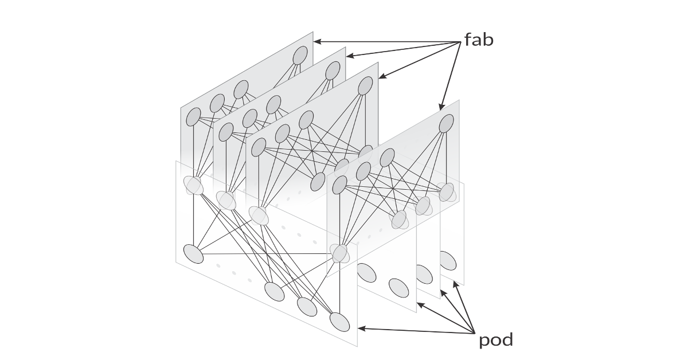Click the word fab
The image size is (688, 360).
pyautogui.click(x=479, y=40)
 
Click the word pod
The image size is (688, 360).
pyautogui.click(x=496, y=341)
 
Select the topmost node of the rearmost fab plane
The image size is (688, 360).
pyautogui.click(x=300, y=56)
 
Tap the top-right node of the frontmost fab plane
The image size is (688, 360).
pyautogui.click(x=447, y=124)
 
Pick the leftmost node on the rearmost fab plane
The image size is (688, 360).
pyautogui.click(x=194, y=117)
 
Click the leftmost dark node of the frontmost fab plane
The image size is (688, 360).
pyautogui.click(x=339, y=185)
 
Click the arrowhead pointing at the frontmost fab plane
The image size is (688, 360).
pyautogui.click(x=442, y=107)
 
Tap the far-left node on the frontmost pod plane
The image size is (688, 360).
pyautogui.click(x=194, y=253)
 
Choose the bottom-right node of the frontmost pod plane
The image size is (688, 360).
pyautogui.click(x=339, y=322)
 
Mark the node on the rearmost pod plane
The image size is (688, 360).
pyautogui.click(x=448, y=261)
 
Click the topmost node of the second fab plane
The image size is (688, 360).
pyautogui.click(x=333, y=71)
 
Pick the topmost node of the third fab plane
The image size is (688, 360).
pyautogui.click(x=366, y=86)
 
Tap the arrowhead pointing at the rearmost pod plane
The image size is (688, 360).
pyautogui.click(x=456, y=283)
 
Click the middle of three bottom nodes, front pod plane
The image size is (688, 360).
pyautogui.click(x=307, y=307)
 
